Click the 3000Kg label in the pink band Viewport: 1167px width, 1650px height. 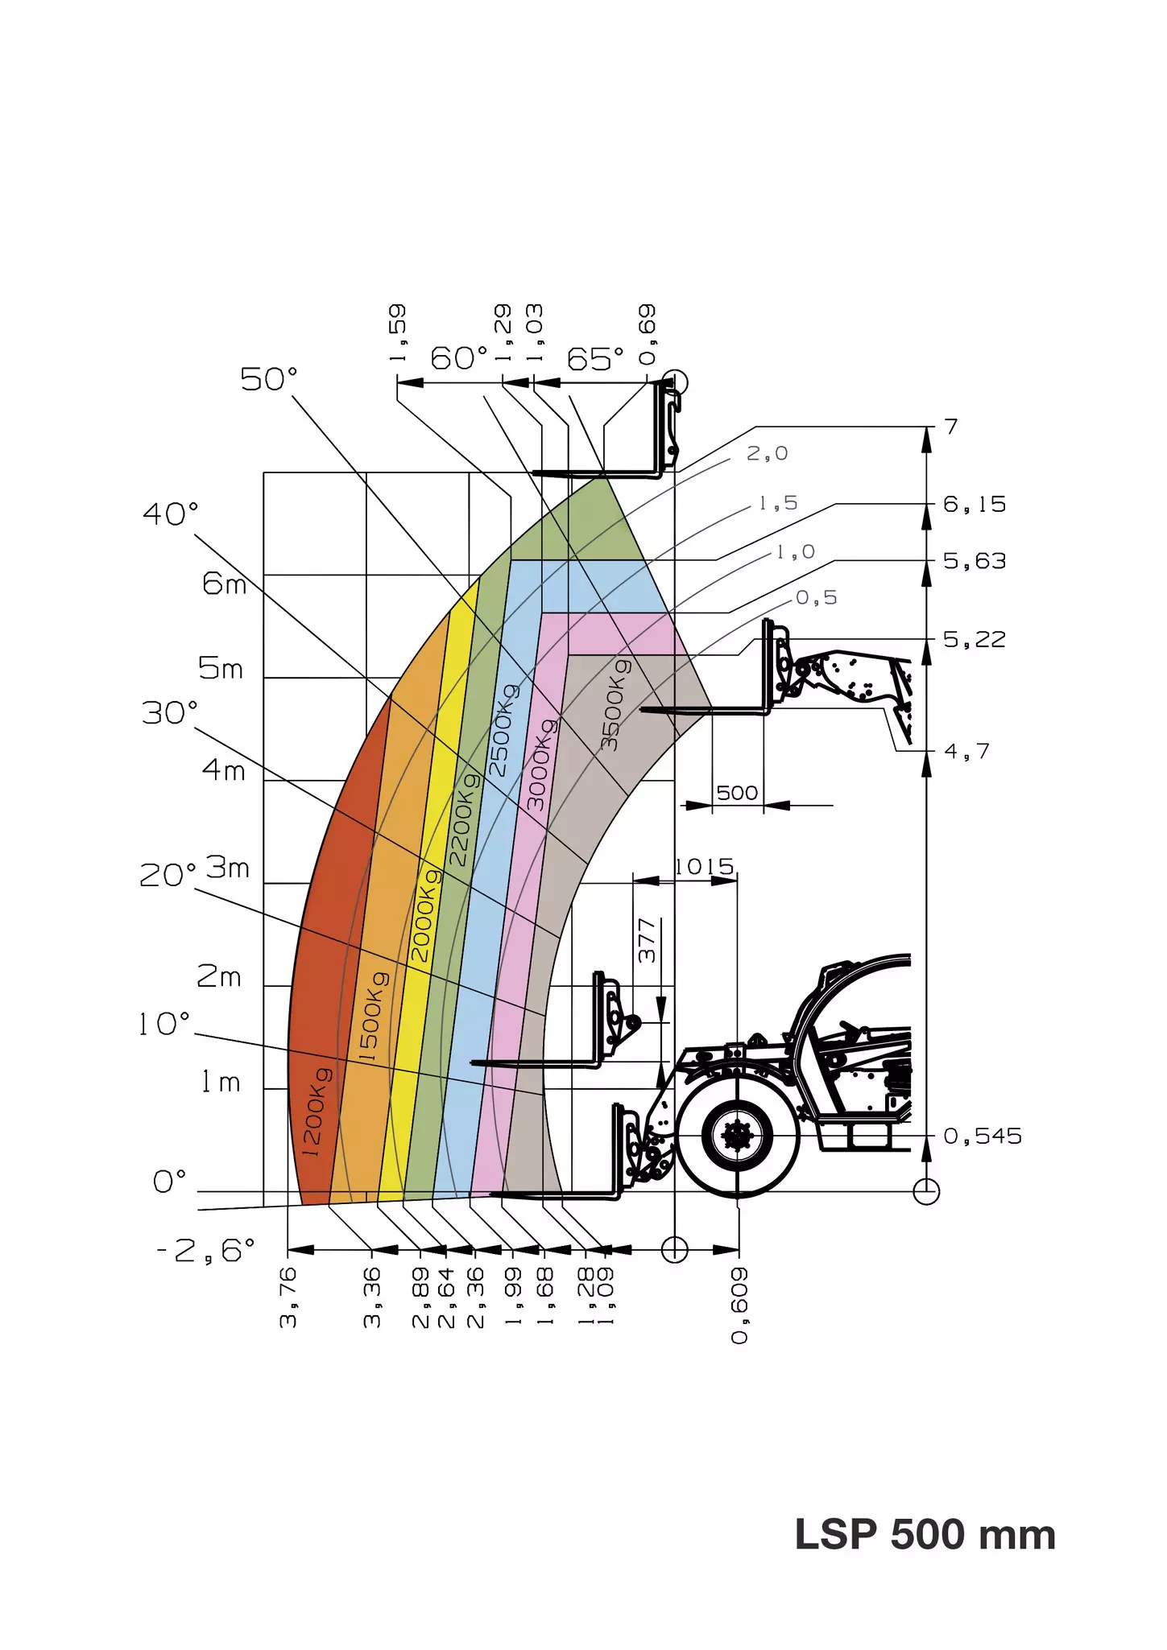click(540, 764)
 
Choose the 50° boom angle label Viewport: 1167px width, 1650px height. click(269, 379)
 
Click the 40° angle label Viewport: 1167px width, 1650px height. click(171, 514)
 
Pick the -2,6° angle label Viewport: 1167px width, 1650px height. click(206, 1251)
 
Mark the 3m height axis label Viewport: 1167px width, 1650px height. click(228, 868)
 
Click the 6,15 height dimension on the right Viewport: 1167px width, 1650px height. click(975, 505)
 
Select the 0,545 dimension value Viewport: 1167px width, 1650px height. click(982, 1136)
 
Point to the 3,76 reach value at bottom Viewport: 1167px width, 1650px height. click(288, 1297)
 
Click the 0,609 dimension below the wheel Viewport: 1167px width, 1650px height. click(739, 1306)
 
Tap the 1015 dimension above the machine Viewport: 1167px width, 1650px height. click(705, 867)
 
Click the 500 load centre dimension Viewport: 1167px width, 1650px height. click(737, 793)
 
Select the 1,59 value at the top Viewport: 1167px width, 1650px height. click(398, 332)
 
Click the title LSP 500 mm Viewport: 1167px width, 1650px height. click(925, 1534)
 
